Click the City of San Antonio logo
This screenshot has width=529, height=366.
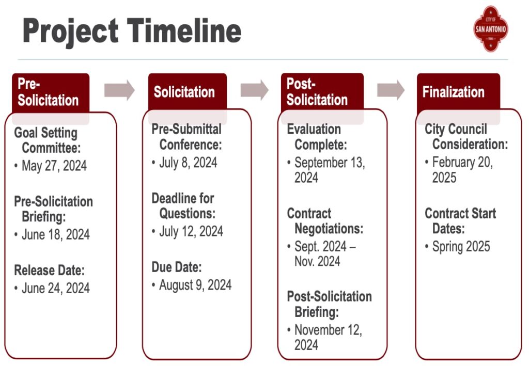pos(490,28)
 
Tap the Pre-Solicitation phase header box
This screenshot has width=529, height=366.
pos(50,92)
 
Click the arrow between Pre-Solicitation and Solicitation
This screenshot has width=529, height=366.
pos(119,90)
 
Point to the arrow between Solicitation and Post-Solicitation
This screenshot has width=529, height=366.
pos(255,90)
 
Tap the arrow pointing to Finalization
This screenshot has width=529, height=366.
pos(391,90)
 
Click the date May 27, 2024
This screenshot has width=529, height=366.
pos(54,166)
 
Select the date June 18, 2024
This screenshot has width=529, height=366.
pos(56,234)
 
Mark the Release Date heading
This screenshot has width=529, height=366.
pos(49,270)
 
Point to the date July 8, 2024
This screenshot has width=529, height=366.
pos(188,163)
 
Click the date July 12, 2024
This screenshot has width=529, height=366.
pos(191,231)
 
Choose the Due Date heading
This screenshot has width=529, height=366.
pos(176,267)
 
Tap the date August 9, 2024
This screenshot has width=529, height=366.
pos(195,285)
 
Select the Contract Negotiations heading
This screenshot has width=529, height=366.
pos(325,221)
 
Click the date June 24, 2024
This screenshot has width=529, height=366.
pos(56,288)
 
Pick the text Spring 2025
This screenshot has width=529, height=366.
pos(461,246)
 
